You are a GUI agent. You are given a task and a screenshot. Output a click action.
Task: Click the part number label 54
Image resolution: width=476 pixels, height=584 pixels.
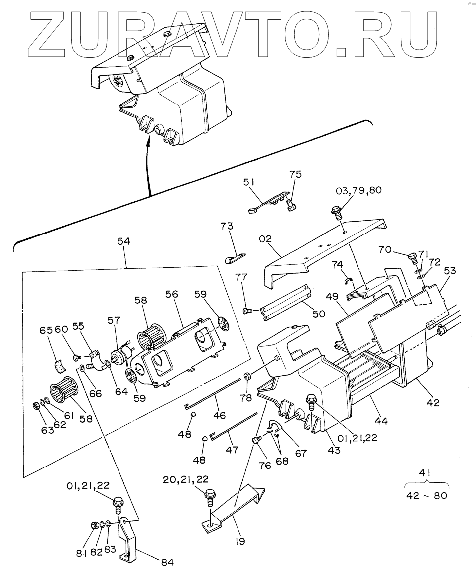[123, 241]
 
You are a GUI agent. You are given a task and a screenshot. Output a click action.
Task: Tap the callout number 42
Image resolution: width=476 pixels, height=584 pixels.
[433, 403]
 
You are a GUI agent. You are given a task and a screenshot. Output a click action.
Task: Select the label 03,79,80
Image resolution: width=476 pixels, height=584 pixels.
[358, 190]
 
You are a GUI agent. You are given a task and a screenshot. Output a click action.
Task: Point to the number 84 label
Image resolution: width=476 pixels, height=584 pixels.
[168, 562]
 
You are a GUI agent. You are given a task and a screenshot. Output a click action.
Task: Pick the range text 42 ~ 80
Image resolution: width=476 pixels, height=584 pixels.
[427, 496]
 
